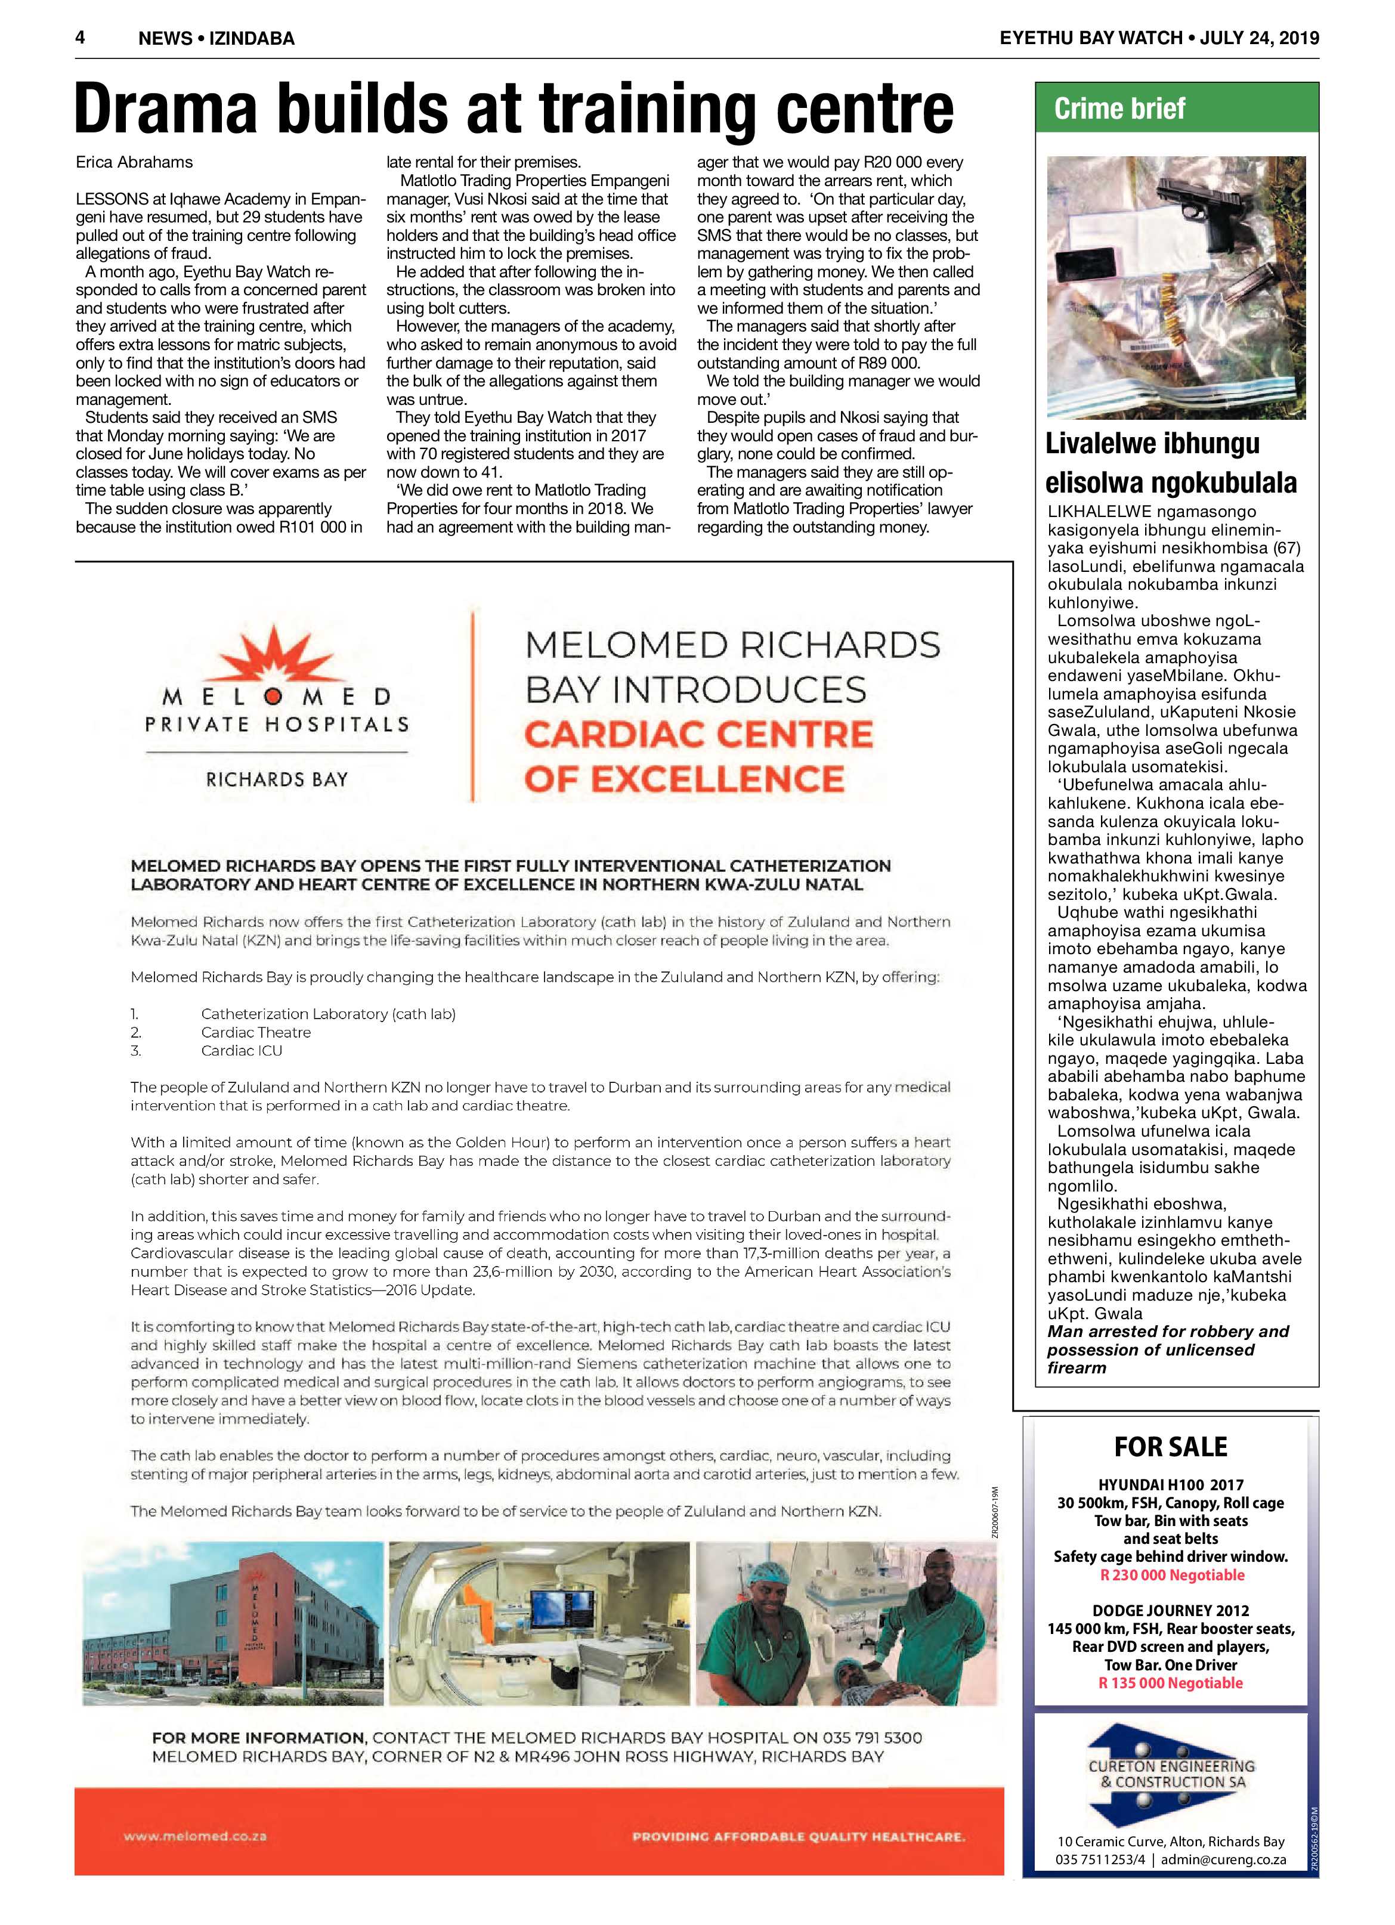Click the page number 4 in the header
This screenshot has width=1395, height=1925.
coord(81,38)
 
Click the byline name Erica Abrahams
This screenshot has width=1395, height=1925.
coord(134,162)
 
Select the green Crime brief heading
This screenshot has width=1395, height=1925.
coord(1119,109)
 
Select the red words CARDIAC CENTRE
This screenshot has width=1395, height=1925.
coord(698,734)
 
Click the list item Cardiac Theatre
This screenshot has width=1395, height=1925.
coord(256,1032)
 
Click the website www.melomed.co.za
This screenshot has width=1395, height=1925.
coord(195,1836)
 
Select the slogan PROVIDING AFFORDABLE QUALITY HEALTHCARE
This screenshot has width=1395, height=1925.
coord(798,1837)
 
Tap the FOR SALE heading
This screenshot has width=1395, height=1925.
coord(1170,1446)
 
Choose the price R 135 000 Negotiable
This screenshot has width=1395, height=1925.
coord(1170,1683)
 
